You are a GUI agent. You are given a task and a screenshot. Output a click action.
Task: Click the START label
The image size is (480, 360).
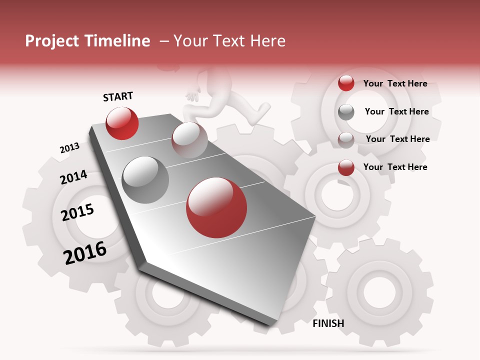[x=118, y=96]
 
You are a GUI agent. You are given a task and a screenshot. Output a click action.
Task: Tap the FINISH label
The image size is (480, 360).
[x=328, y=323]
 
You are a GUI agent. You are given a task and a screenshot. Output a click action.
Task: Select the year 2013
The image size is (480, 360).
[x=69, y=148]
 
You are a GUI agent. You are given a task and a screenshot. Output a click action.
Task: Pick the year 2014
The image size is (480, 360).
[x=73, y=177]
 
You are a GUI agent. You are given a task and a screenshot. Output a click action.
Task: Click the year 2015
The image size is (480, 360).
[x=77, y=212]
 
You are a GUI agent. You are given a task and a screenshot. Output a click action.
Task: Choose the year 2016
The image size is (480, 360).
[x=85, y=252]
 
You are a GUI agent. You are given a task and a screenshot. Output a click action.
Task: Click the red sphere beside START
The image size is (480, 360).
[x=122, y=123]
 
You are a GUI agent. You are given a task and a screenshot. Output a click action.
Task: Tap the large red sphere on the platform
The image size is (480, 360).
[x=216, y=207]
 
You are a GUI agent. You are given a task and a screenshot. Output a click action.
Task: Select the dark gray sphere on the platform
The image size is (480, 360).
[x=145, y=179]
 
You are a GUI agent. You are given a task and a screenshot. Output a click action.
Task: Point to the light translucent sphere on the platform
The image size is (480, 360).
[x=189, y=139]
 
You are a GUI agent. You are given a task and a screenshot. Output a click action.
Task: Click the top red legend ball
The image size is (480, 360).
[x=346, y=83]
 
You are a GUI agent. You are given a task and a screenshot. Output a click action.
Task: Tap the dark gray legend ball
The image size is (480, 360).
[x=346, y=112]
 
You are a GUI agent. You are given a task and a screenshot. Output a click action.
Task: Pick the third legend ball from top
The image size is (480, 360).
[x=346, y=140]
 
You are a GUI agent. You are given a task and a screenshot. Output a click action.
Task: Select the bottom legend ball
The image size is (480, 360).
[x=346, y=167]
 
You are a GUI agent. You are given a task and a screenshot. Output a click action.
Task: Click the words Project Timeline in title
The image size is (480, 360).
[x=87, y=41]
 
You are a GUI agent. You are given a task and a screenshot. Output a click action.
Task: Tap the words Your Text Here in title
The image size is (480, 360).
[x=229, y=41]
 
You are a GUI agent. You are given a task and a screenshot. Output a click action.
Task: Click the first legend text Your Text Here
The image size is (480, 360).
[x=395, y=83]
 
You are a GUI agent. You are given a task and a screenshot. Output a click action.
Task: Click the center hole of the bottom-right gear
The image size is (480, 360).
[x=379, y=290]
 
